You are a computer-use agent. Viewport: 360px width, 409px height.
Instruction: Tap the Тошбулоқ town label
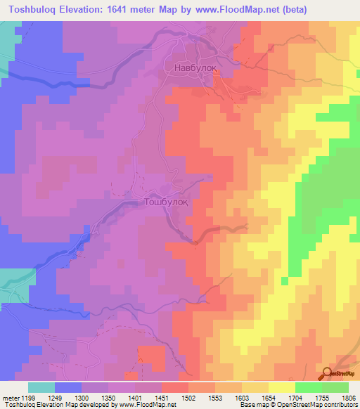pos(165,201)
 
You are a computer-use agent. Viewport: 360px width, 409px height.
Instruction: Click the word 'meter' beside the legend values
pos(11,397)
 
